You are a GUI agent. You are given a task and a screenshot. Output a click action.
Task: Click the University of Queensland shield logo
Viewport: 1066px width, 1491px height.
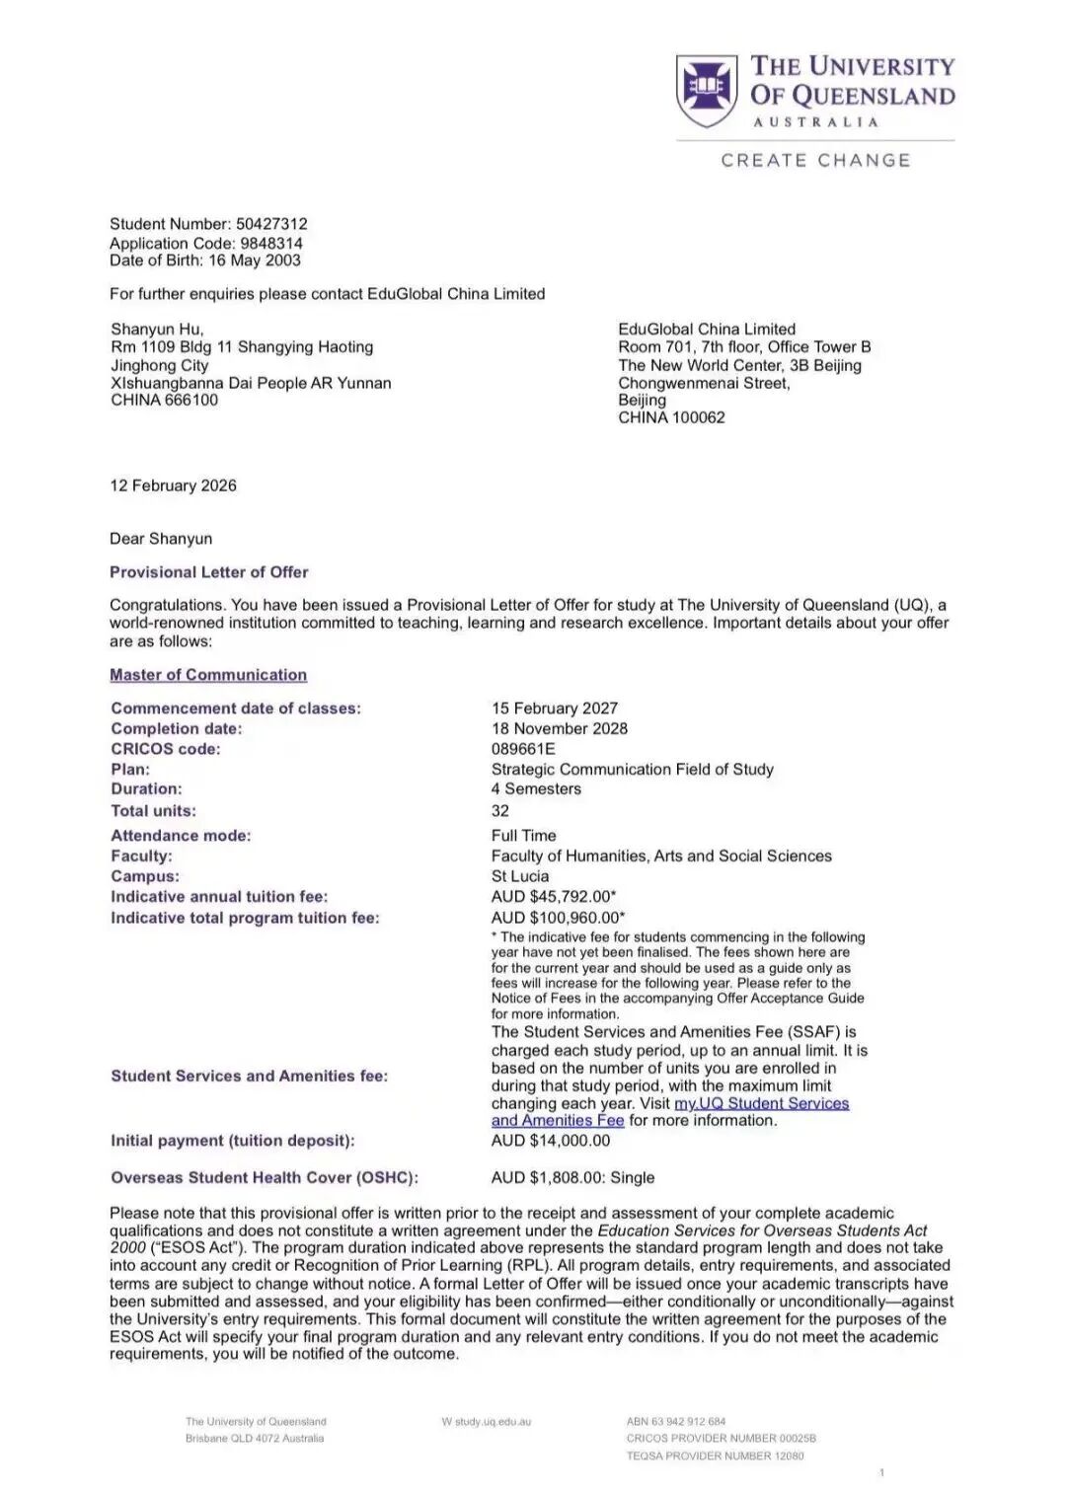[x=709, y=90]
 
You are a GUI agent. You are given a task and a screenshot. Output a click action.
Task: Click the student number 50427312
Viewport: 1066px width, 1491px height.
[x=271, y=224]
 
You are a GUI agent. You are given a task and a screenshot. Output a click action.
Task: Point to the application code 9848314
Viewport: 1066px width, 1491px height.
[x=271, y=243]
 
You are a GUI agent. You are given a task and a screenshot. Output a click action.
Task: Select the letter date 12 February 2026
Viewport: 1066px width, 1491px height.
[x=173, y=485]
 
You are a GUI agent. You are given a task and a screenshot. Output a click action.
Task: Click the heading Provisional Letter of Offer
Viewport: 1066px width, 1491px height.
[x=208, y=572]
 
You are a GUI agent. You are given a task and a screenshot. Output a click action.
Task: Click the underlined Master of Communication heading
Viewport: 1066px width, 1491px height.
[x=208, y=675]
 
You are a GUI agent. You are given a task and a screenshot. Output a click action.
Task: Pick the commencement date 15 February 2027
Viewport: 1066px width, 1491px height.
[x=555, y=708]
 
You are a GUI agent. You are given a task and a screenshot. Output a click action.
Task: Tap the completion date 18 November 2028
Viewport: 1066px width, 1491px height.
[x=560, y=729]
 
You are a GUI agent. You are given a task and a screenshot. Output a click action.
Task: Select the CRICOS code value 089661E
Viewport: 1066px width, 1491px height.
[x=523, y=749]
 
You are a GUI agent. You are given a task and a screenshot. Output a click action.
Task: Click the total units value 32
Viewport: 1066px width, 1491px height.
[x=500, y=811]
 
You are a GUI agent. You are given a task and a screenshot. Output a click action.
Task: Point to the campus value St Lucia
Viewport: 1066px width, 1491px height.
[x=520, y=876]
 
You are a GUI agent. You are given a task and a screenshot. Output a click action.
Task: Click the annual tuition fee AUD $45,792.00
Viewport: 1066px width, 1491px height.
[x=553, y=897]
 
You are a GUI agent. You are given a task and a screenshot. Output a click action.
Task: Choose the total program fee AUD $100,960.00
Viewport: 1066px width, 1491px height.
[x=557, y=918]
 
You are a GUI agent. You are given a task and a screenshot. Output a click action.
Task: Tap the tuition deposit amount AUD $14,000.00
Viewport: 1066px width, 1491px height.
[x=551, y=1141]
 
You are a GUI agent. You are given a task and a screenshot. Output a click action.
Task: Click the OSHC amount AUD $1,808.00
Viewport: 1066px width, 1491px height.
[x=548, y=1178]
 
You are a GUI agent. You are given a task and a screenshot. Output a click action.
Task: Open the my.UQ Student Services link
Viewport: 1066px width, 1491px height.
[x=761, y=1103]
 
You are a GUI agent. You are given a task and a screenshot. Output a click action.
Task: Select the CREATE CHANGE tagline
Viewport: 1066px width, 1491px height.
[x=815, y=161]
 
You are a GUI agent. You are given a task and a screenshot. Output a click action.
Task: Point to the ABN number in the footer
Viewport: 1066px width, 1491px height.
[x=676, y=1422]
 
